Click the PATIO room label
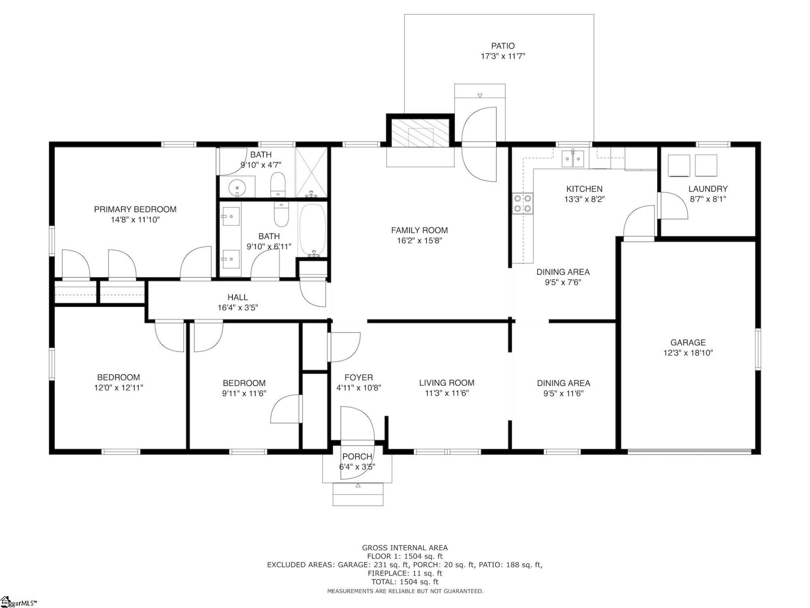pyautogui.click(x=502, y=46)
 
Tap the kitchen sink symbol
pyautogui.click(x=573, y=159)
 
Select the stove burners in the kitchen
pyautogui.click(x=523, y=203)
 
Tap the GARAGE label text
pyautogui.click(x=688, y=342)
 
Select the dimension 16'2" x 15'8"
pyautogui.click(x=419, y=241)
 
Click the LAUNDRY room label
pyautogui.click(x=708, y=189)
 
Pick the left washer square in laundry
pyautogui.click(x=679, y=166)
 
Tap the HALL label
pyautogui.click(x=238, y=297)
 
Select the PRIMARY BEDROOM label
pyautogui.click(x=135, y=209)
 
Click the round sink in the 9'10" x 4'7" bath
pyautogui.click(x=237, y=186)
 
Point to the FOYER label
pyautogui.click(x=359, y=377)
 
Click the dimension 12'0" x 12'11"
pyautogui.click(x=119, y=388)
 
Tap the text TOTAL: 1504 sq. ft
pyautogui.click(x=405, y=582)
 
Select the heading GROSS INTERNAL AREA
pyautogui.click(x=405, y=548)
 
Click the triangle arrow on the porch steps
pyautogui.click(x=358, y=486)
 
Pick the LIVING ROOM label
pyautogui.click(x=446, y=383)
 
